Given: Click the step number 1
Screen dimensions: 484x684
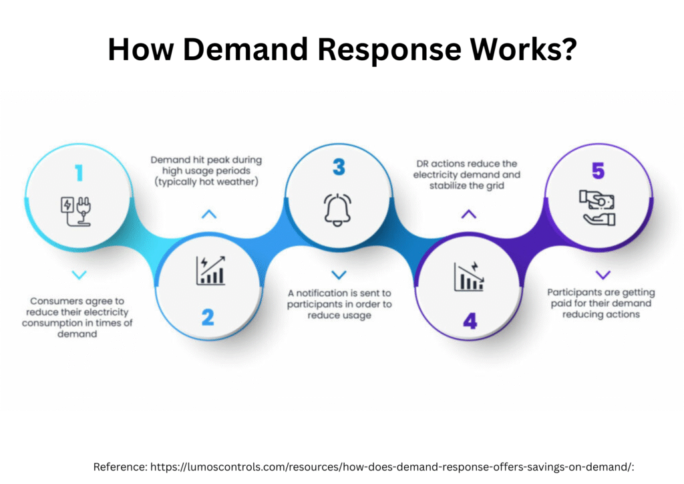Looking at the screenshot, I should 79,173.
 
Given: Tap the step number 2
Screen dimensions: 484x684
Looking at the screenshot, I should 208,317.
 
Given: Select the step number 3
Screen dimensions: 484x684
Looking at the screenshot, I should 339,166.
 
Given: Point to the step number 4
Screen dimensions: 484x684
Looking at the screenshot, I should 470,321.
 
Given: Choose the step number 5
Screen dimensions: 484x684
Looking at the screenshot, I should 598,171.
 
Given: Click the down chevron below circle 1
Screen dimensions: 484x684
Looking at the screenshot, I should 79,275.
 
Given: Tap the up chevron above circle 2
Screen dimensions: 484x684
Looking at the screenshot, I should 209,215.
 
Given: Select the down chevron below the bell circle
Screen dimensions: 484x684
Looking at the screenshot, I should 339,275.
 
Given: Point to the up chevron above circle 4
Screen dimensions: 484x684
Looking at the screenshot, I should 469,215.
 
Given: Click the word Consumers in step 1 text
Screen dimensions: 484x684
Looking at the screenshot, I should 53,301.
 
